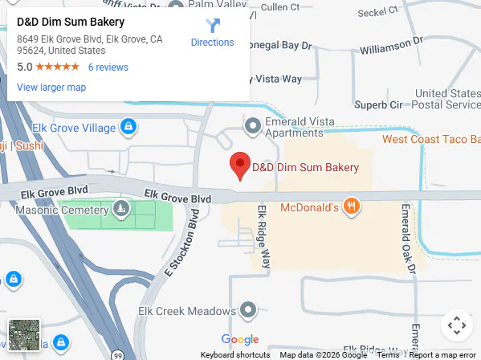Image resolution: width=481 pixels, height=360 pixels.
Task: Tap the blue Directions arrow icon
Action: (x=212, y=26)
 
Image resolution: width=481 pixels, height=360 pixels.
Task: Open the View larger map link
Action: (x=51, y=87)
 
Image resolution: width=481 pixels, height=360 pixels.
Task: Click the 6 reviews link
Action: (x=108, y=67)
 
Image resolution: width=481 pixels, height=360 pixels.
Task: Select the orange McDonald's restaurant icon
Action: (x=350, y=207)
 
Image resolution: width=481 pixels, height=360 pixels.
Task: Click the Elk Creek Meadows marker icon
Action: (x=249, y=309)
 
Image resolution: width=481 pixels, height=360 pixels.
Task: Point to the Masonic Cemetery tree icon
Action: (x=120, y=210)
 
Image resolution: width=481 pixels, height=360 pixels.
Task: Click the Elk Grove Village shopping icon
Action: (x=128, y=127)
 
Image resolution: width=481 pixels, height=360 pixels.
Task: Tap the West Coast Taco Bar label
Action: (x=431, y=139)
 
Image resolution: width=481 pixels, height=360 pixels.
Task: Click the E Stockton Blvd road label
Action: (x=181, y=244)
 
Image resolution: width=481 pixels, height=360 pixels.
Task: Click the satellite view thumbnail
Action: (x=23, y=335)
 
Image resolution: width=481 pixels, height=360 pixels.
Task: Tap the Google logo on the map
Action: (x=239, y=339)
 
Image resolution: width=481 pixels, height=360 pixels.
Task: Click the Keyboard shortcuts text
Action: (x=235, y=354)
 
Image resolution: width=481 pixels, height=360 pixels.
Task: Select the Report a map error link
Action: (x=442, y=354)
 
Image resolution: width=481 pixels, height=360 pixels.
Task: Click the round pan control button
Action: (x=456, y=325)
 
